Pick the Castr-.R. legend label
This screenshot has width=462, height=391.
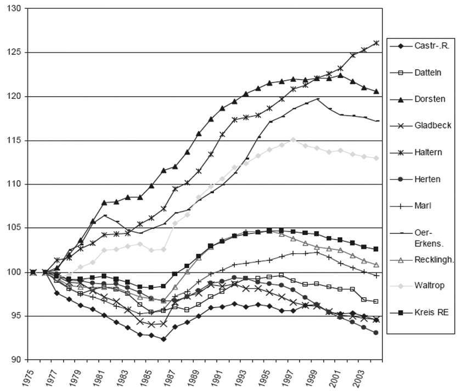click(433, 46)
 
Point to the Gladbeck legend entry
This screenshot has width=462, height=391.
click(433, 125)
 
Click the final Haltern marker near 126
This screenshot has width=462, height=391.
click(376, 43)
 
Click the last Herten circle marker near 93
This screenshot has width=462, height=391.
click(376, 333)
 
